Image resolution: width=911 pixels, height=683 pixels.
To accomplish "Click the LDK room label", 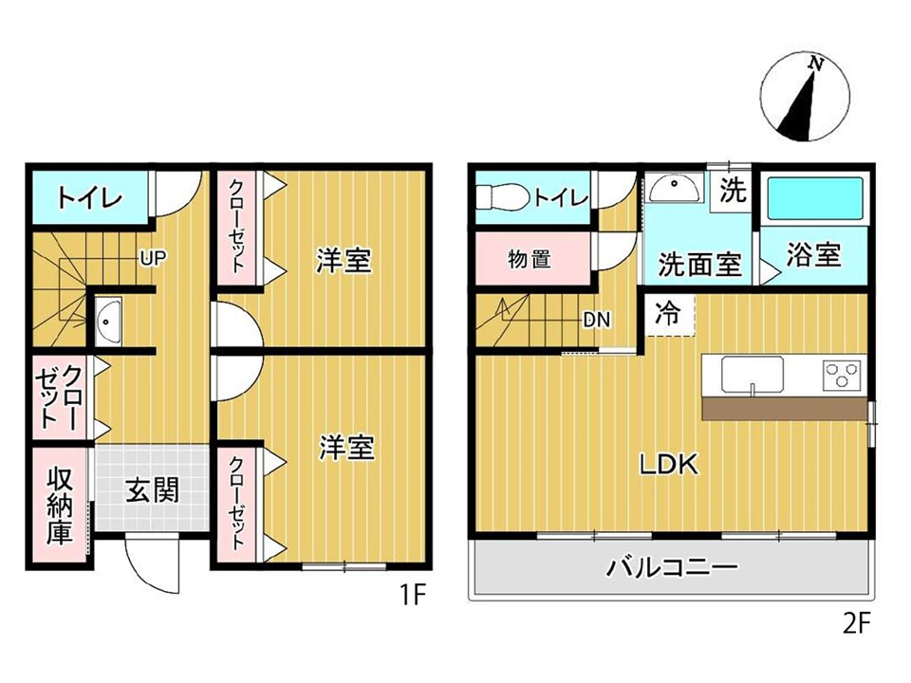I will coord(668,465).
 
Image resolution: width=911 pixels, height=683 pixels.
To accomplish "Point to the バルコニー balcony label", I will coord(672,569).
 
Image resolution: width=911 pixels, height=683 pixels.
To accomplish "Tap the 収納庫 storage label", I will coord(60,504).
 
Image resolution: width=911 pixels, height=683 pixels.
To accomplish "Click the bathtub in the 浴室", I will coord(814,200).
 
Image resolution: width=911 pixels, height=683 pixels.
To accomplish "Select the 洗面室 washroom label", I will coord(699,264).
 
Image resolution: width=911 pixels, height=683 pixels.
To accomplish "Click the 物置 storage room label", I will coord(530,258).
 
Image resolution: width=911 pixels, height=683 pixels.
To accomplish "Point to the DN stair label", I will coord(596,320).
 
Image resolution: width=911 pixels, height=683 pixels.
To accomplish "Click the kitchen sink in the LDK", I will coord(752,374).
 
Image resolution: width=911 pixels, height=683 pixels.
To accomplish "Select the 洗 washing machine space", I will coord(732,191).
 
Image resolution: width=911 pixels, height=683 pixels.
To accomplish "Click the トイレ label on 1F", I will coord(88,199).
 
